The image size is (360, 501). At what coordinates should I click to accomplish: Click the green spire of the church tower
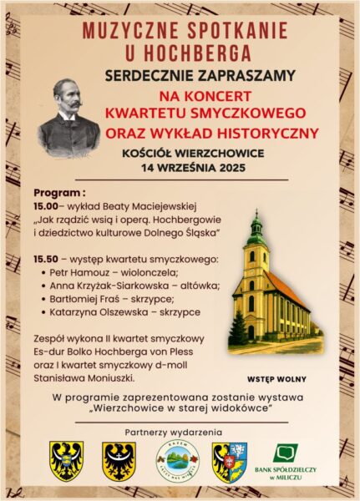point(256,220)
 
